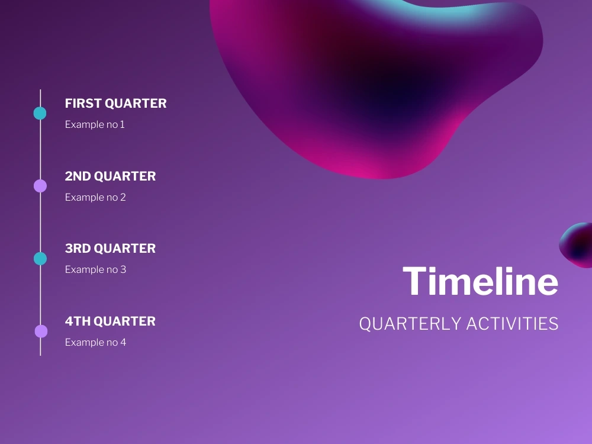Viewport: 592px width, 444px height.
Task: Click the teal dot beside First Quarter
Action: tap(40, 113)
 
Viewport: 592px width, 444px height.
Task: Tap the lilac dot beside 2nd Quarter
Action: tap(40, 186)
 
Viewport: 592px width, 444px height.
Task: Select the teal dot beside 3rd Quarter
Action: tap(40, 259)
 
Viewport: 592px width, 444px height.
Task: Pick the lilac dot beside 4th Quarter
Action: tap(41, 331)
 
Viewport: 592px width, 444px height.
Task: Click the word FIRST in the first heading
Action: tap(83, 104)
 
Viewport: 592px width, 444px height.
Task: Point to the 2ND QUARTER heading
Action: tap(110, 176)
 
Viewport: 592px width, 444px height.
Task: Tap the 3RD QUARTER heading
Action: tap(110, 249)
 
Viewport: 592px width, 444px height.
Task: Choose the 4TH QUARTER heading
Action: tap(110, 321)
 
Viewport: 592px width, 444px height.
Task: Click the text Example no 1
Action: tap(95, 124)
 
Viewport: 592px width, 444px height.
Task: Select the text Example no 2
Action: tap(95, 197)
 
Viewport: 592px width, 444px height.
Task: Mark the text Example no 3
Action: tap(95, 269)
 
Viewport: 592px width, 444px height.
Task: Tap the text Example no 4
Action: tap(95, 342)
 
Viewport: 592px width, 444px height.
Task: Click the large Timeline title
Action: tap(480, 281)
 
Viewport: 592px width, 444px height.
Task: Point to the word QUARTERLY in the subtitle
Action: tap(410, 324)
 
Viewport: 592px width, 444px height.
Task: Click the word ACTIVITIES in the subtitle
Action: tap(512, 324)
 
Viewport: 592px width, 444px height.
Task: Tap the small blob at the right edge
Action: tap(577, 246)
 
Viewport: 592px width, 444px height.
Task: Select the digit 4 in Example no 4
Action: tap(123, 342)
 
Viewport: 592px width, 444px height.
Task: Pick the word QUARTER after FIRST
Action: tap(136, 104)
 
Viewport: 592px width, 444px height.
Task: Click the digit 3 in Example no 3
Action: tap(123, 269)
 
